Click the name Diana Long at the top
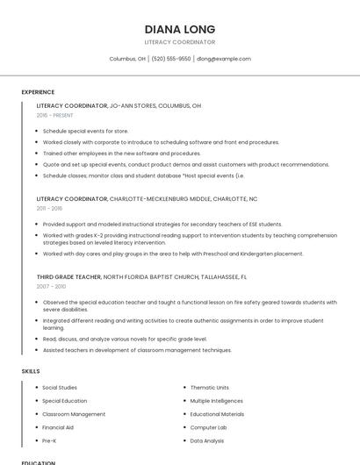click(x=180, y=29)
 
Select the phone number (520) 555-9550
click(x=170, y=59)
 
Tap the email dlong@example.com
click(x=224, y=59)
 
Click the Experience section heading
click(x=38, y=92)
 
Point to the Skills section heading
click(x=31, y=371)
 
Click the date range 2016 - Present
click(x=55, y=115)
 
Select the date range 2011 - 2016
click(x=49, y=208)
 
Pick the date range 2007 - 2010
click(x=51, y=286)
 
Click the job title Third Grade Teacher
click(x=68, y=276)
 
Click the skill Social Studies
click(x=60, y=388)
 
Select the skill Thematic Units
click(x=209, y=388)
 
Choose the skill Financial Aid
click(x=58, y=427)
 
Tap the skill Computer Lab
click(x=208, y=427)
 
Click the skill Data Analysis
click(x=207, y=440)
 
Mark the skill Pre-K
click(x=50, y=440)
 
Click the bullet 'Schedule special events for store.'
click(x=85, y=131)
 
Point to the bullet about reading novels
click(x=125, y=339)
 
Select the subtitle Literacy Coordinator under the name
click(x=180, y=42)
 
